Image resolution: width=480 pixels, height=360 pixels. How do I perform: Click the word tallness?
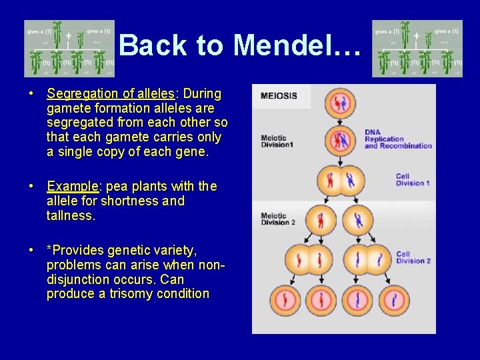[x=71, y=215]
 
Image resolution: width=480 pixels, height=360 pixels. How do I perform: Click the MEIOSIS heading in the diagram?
[x=279, y=95]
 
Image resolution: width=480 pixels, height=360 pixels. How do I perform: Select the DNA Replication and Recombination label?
[x=398, y=139]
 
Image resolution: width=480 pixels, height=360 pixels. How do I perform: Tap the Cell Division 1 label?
[x=413, y=180]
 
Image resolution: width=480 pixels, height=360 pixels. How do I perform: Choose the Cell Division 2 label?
[x=413, y=257]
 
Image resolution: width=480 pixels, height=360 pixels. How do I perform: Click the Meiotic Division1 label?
[x=277, y=141]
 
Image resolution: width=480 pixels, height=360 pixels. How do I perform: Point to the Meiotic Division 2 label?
[x=278, y=219]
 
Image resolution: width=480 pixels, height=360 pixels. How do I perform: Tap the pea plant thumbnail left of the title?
[x=70, y=49]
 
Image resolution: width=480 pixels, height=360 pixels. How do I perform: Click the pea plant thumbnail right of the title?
[x=417, y=49]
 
